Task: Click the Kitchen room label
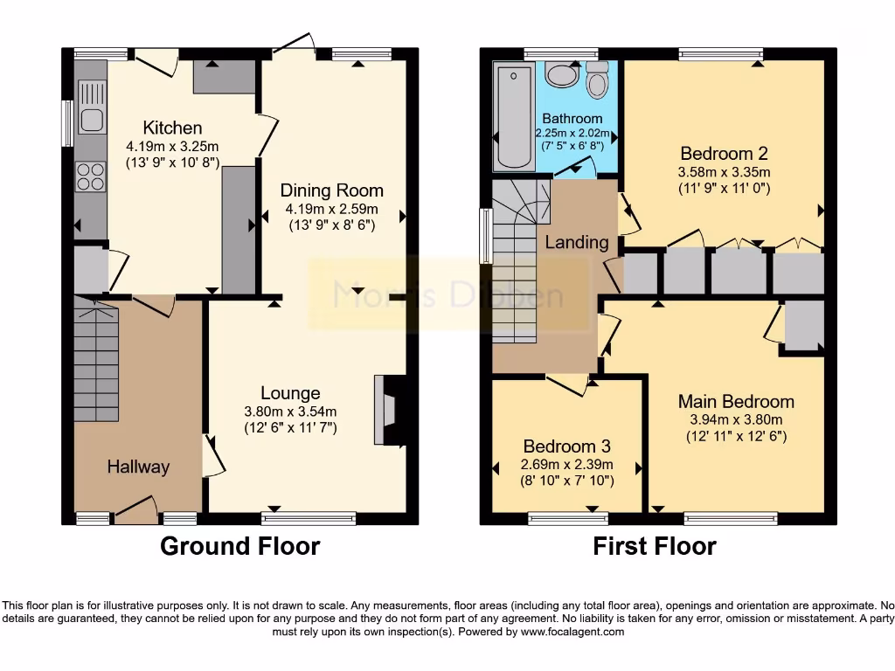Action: click(172, 128)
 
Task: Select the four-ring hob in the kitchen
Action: click(90, 177)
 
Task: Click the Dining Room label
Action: click(331, 190)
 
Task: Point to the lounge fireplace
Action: click(385, 411)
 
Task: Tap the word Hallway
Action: click(138, 467)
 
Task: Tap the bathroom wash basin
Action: click(562, 77)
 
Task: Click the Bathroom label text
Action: click(572, 119)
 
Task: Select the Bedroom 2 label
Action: click(725, 150)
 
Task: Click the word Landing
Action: click(577, 242)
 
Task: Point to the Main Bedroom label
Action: click(736, 402)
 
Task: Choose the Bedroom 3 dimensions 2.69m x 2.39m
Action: click(567, 465)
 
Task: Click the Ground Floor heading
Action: click(239, 547)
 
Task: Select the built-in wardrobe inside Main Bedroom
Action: click(803, 326)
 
